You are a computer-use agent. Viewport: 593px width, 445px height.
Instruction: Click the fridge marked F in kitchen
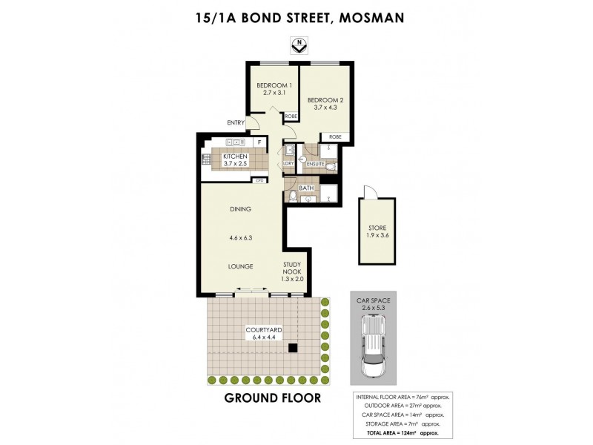click(259, 142)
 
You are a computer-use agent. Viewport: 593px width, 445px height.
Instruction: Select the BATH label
click(306, 188)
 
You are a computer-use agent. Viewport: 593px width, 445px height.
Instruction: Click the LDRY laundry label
click(288, 162)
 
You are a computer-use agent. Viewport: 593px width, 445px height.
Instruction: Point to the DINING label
click(241, 209)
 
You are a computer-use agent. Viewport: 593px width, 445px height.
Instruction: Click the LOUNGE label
click(241, 266)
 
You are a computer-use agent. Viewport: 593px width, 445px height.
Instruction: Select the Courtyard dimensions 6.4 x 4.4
click(263, 337)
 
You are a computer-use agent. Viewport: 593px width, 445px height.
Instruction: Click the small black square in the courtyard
click(293, 347)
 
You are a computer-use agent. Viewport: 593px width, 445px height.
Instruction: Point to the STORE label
click(377, 228)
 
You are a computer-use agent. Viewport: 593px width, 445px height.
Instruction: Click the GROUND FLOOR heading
click(272, 398)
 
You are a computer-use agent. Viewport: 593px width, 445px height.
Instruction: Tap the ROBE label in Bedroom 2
click(335, 137)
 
